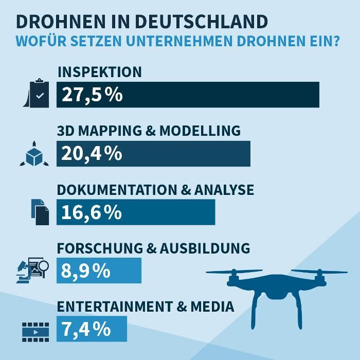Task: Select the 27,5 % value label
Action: click(92, 95)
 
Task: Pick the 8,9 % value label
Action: click(85, 271)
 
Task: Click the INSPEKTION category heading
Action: click(99, 72)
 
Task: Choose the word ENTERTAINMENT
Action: click(116, 307)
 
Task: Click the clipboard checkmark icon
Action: click(38, 94)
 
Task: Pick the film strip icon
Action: click(35, 332)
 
